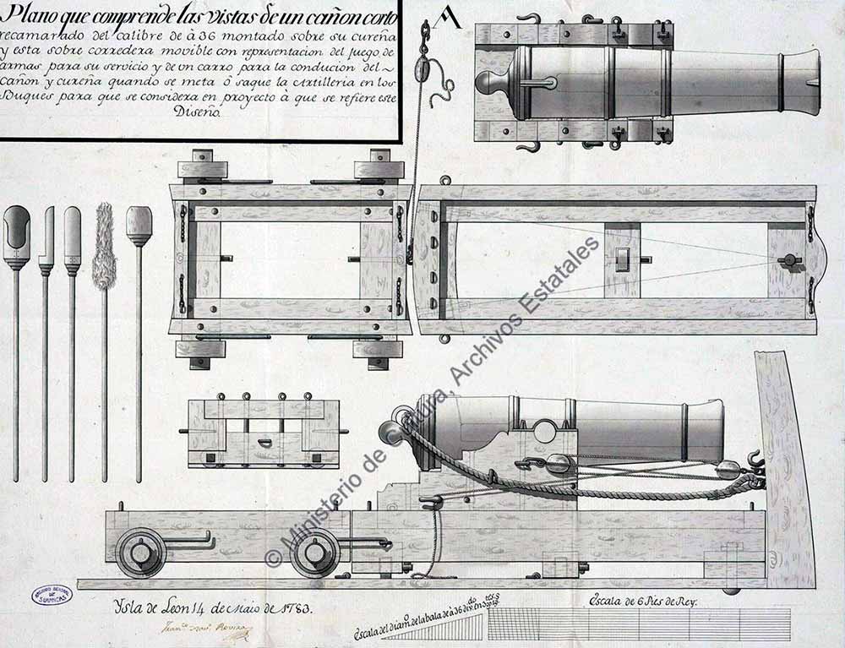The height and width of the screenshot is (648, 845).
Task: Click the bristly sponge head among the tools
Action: (x=105, y=246)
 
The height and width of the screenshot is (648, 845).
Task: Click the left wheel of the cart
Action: (x=141, y=553)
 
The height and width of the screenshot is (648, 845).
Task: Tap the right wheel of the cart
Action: (x=314, y=553)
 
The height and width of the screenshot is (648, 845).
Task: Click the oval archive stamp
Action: (x=52, y=596)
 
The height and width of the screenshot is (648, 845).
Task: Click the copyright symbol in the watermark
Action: (x=273, y=558)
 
